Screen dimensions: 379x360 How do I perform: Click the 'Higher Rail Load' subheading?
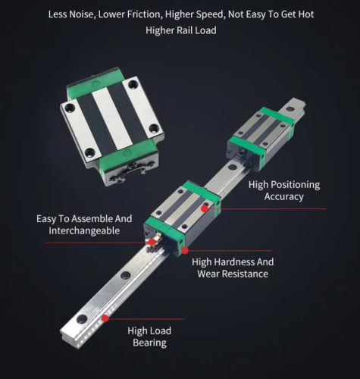pos(180,30)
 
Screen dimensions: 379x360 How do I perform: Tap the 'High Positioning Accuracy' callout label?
pos(284,190)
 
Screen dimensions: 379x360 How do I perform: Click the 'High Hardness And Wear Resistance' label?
pos(233,267)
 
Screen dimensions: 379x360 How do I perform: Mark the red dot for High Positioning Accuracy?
pos(204,207)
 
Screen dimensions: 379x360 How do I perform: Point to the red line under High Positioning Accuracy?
pos(265,208)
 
